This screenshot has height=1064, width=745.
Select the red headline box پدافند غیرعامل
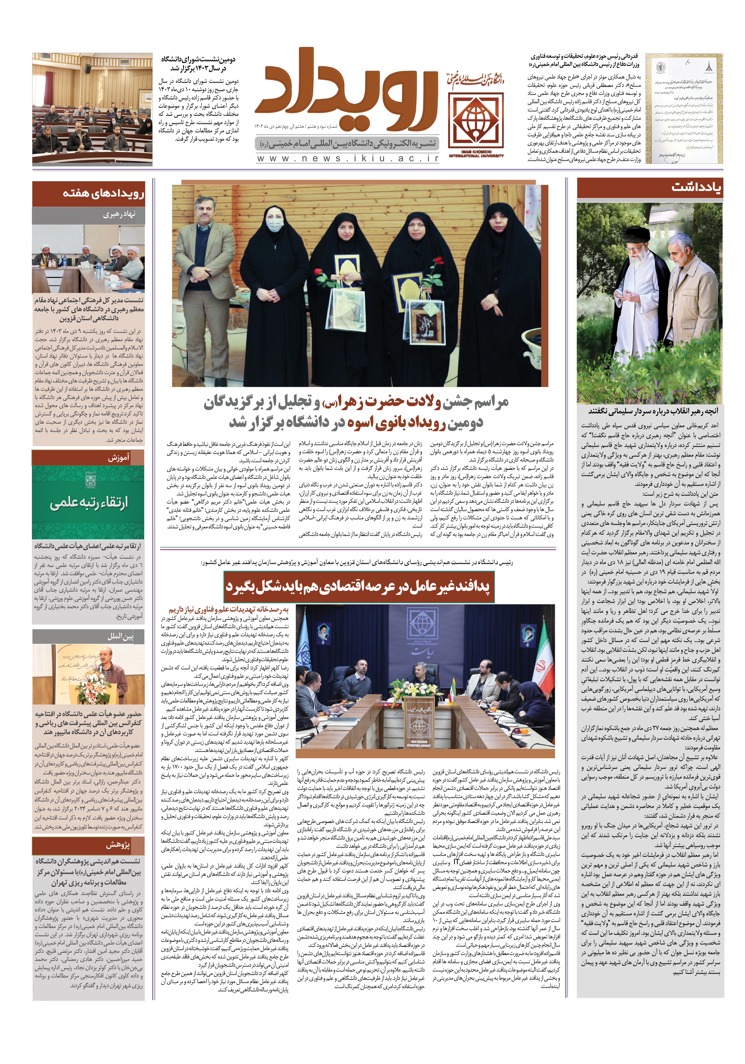pyautogui.click(x=358, y=586)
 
